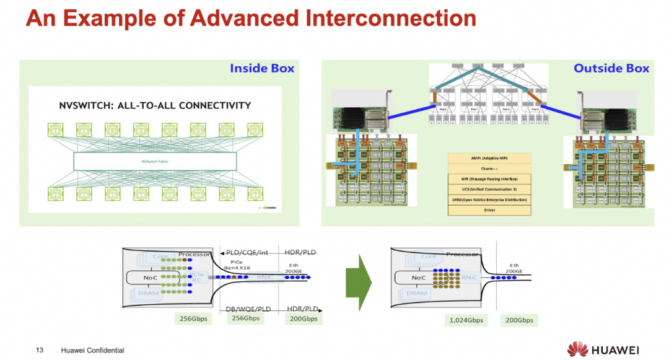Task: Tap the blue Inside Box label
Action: [x=262, y=68]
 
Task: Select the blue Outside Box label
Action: [x=611, y=68]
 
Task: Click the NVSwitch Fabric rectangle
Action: [x=155, y=162]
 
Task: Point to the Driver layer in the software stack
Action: [x=489, y=210]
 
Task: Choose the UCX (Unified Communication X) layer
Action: [x=489, y=189]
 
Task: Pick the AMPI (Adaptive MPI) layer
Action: [x=489, y=158]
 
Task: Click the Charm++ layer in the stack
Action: [x=489, y=169]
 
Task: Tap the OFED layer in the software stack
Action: [x=489, y=200]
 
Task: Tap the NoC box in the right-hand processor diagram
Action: [x=419, y=278]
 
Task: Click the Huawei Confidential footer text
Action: [x=92, y=351]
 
